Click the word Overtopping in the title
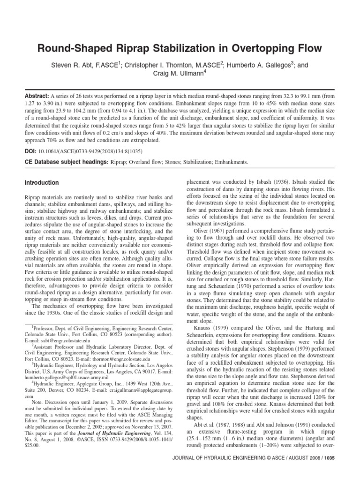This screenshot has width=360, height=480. (x=264, y=48)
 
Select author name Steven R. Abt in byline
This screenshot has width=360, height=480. (x=73, y=66)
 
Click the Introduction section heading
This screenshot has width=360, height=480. (x=42, y=183)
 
